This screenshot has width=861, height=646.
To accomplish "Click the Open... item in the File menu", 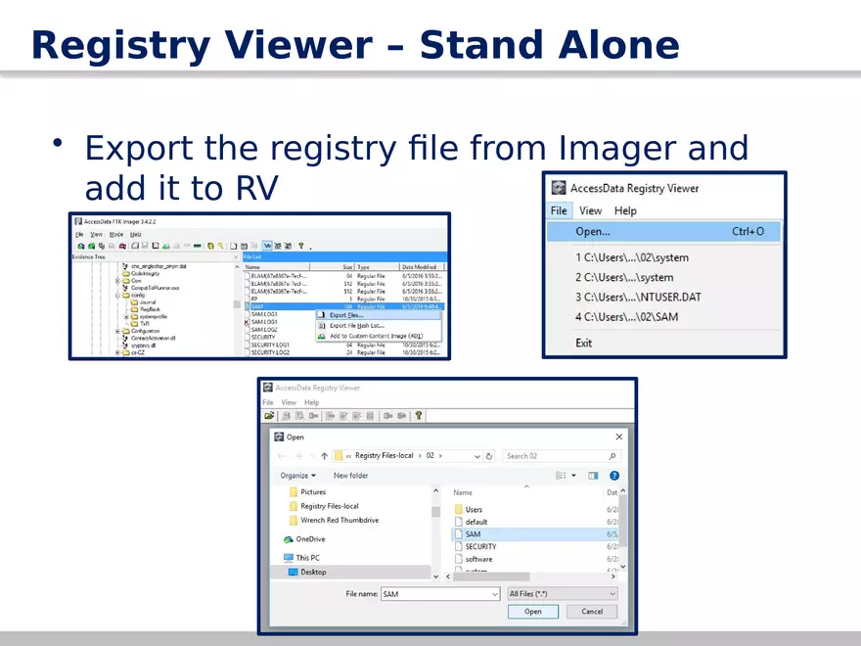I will (x=593, y=232).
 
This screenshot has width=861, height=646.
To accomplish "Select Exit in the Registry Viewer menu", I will (x=584, y=343).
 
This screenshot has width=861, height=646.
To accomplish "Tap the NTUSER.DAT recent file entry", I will (x=638, y=297).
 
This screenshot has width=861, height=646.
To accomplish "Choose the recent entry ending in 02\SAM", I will (x=627, y=317).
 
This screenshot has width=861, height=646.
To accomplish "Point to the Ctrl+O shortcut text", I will (x=755, y=232).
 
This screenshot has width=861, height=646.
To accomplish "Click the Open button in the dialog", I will (x=532, y=612).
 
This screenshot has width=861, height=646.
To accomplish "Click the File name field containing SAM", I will (x=438, y=594).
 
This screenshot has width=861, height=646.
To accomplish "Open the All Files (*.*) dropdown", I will (x=562, y=594).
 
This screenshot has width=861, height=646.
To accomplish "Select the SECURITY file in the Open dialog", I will (x=480, y=547).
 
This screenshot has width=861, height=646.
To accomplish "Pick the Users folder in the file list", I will (x=474, y=510).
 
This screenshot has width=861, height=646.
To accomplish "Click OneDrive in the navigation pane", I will (x=310, y=539).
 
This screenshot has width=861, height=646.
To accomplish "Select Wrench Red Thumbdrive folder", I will (x=339, y=521).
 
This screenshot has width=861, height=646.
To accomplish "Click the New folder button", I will (x=350, y=476).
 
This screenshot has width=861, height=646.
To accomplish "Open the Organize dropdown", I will (x=297, y=476).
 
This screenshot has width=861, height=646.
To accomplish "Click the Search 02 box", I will (x=560, y=456).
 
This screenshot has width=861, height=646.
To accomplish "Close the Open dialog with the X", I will (x=618, y=437).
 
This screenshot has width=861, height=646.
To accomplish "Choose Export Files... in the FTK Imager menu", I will (x=346, y=315).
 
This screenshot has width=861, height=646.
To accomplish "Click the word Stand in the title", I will (x=481, y=46).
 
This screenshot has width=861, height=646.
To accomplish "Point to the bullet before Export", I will (x=59, y=144).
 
